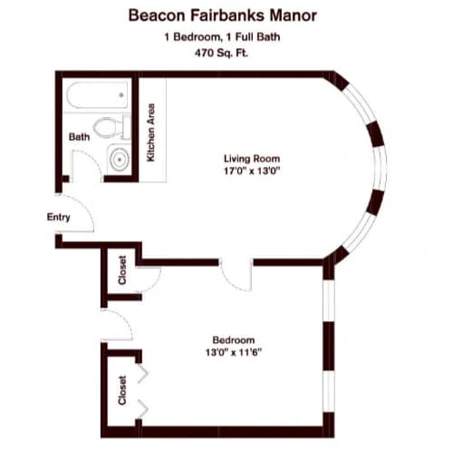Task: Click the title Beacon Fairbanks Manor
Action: [x=223, y=15]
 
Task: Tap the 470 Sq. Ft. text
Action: [x=221, y=53]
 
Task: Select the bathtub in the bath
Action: [x=97, y=95]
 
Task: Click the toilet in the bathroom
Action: [x=111, y=127]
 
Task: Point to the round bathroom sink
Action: [x=120, y=159]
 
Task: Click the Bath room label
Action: [x=79, y=137]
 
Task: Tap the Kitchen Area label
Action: [x=150, y=133]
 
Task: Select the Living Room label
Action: [x=252, y=159]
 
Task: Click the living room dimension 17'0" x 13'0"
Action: [x=252, y=171]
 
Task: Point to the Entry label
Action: [x=59, y=217]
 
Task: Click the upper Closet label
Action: [x=122, y=270]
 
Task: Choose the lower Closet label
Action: [x=122, y=390]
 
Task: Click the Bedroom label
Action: [x=234, y=339]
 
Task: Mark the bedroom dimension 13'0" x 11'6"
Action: [x=234, y=352]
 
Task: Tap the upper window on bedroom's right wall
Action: [x=329, y=300]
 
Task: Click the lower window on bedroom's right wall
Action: [x=329, y=391]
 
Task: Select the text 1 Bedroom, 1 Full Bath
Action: [x=222, y=37]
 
